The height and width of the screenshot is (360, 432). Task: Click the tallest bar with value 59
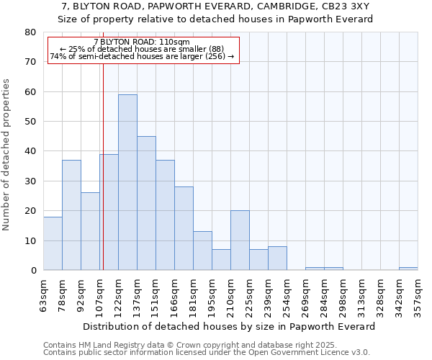127,182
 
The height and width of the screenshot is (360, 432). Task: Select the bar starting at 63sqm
53,243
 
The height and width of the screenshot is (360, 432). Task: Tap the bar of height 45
146,203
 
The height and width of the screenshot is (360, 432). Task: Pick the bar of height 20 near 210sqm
240,240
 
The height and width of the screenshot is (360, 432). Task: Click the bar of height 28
184,228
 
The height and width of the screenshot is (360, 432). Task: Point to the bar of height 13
202,251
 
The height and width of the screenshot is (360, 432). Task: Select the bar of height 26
90,231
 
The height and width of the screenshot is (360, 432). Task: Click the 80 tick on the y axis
30,32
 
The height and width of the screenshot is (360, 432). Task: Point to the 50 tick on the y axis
30,122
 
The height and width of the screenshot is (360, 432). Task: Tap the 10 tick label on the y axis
30,240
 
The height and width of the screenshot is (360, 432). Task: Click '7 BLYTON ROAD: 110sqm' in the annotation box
142,42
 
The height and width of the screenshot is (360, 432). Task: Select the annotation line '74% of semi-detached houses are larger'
142,56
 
